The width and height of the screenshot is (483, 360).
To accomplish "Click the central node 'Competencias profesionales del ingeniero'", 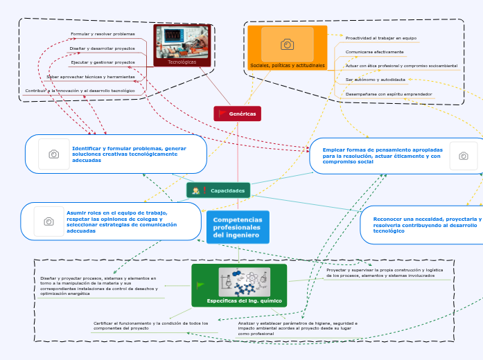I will (237, 227).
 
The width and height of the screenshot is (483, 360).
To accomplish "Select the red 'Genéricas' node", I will (238, 114).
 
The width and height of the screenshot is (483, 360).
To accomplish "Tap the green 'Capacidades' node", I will (218, 190).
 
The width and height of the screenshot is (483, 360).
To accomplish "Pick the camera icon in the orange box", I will (287, 44).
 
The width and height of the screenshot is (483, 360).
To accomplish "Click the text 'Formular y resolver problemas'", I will (103, 34).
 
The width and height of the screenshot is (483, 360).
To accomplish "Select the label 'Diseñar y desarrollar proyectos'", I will (102, 48).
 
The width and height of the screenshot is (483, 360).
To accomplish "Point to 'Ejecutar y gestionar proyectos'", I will (103, 62).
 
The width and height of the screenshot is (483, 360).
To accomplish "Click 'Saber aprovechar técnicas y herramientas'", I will (91, 77).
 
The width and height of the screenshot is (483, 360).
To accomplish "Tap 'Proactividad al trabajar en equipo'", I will (380, 38).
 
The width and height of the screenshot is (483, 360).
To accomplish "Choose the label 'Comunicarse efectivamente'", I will (374, 52).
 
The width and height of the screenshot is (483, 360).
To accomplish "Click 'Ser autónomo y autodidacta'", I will (375, 80).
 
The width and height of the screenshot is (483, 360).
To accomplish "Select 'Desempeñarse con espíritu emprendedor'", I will (389, 93).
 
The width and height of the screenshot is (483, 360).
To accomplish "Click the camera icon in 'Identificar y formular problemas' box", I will (53, 154).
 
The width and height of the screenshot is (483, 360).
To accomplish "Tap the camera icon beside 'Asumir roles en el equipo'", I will (49, 222).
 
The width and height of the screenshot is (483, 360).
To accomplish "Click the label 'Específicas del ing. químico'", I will (238, 301).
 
